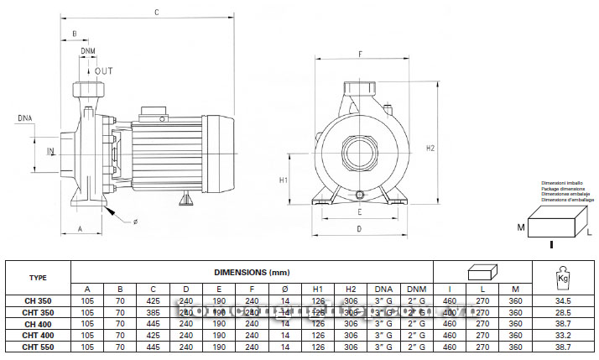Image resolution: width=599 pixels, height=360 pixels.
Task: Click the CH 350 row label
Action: pyautogui.click(x=38, y=300)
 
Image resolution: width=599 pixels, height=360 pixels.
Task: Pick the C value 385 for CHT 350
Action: pyautogui.click(x=154, y=311)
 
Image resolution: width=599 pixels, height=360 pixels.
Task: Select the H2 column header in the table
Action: pyautogui.click(x=350, y=289)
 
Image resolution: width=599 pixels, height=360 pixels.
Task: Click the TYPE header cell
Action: pyautogui.click(x=38, y=278)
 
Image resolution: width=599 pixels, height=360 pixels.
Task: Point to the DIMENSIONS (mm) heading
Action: pyautogui.click(x=251, y=272)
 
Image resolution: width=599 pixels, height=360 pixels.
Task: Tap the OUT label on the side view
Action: pyautogui.click(x=103, y=71)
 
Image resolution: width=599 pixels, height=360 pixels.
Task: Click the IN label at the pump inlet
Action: pyautogui.click(x=49, y=151)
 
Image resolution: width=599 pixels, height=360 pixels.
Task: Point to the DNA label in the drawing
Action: pyautogui.click(x=26, y=119)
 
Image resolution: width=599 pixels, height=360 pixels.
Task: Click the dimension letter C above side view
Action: pyautogui.click(x=156, y=11)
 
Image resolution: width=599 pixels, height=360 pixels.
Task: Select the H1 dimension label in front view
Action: pyautogui.click(x=284, y=180)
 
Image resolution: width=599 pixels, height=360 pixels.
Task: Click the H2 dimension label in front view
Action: pyautogui.click(x=430, y=148)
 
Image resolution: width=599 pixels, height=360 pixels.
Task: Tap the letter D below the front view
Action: pyautogui.click(x=358, y=227)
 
